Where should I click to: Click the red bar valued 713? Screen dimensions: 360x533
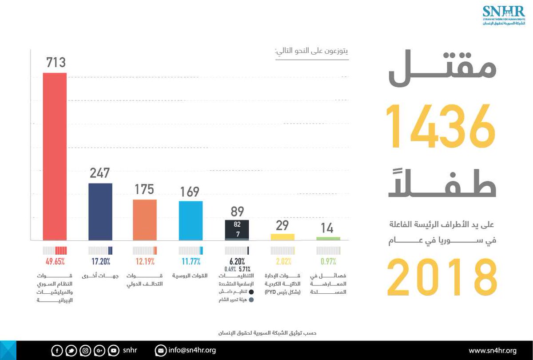[x=55, y=156]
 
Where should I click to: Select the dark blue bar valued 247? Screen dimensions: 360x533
[x=100, y=212]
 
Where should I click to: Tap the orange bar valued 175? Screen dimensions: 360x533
[x=145, y=220]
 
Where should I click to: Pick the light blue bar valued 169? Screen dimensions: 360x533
[x=191, y=221]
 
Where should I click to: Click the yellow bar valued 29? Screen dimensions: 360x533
[x=282, y=237]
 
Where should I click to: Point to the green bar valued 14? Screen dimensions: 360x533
[x=328, y=239]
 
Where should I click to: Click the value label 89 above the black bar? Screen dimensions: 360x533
[x=237, y=212]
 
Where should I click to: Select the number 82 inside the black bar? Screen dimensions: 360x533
[x=237, y=225]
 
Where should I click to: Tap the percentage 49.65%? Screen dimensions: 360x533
[x=55, y=261]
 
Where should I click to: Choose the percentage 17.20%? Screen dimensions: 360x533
[x=100, y=261]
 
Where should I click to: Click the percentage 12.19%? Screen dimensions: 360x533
[x=145, y=261]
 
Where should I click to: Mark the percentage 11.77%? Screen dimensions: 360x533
[x=191, y=261]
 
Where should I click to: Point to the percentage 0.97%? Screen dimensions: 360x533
[x=328, y=261]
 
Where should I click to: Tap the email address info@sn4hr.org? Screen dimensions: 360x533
[x=192, y=350]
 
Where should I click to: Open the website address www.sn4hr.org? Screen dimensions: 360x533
[x=493, y=350]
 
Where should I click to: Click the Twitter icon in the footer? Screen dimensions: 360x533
[x=71, y=351]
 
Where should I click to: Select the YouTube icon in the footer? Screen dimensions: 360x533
[x=114, y=351]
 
